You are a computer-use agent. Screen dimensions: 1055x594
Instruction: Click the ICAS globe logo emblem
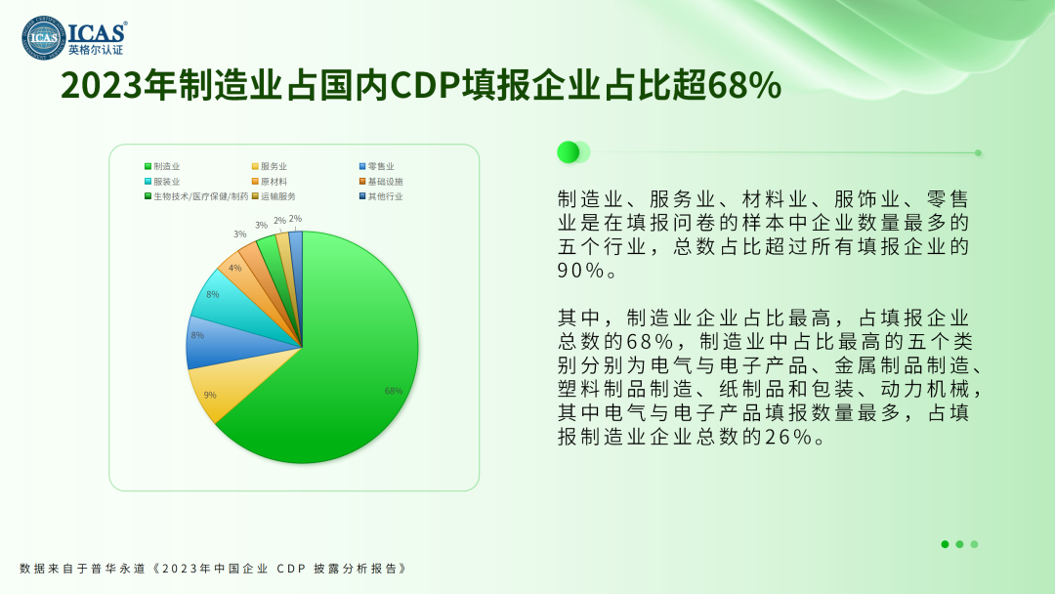[44, 38]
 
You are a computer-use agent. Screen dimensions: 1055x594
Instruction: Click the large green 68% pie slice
[336, 363]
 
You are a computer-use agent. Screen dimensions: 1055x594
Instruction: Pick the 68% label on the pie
[394, 391]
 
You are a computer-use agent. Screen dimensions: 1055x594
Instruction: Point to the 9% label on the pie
[210, 395]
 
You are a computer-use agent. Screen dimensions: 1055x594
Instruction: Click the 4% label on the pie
[234, 268]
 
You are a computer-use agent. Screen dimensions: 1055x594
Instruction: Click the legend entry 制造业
[162, 166]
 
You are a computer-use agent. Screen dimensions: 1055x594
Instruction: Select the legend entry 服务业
[270, 166]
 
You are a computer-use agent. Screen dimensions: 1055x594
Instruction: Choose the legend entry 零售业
[377, 166]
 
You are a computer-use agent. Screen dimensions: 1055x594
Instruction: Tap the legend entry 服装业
[162, 182]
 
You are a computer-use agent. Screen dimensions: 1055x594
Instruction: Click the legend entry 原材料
[270, 182]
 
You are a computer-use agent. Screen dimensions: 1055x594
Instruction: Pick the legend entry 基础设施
[381, 182]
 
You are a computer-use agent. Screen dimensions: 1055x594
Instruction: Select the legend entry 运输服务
[274, 196]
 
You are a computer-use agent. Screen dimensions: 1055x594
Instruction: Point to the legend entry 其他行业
[381, 196]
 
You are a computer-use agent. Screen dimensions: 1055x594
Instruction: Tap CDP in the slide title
[426, 86]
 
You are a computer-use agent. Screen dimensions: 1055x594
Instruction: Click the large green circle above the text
[568, 152]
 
